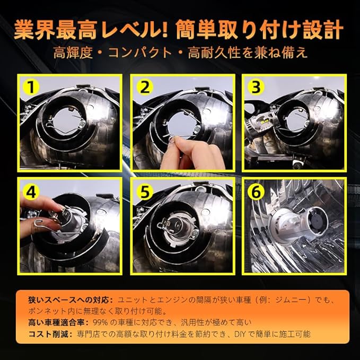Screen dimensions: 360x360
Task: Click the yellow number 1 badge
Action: tap(31, 87)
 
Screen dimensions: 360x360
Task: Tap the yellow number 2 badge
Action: tap(145, 87)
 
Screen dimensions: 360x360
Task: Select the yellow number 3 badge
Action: tap(256, 87)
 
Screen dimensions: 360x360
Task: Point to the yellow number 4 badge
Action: tap(31, 192)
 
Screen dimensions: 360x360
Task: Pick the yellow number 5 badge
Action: tap(145, 192)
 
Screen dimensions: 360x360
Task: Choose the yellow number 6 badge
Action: tap(256, 192)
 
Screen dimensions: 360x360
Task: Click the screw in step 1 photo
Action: tap(82, 125)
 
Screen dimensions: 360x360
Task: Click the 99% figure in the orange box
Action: tap(100, 322)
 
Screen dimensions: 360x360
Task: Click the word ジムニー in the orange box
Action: tap(291, 300)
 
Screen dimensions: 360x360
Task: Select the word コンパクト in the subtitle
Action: tap(140, 52)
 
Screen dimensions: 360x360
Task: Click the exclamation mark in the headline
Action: tap(164, 30)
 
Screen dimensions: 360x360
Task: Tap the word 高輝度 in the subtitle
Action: tap(73, 52)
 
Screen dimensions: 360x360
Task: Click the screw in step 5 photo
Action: tap(196, 233)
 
